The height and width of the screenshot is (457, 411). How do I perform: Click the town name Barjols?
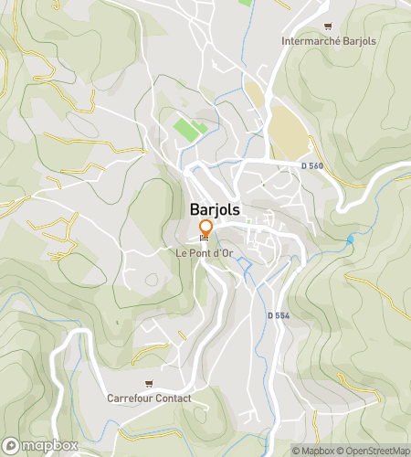216,209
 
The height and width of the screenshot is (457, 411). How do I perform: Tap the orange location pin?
205,228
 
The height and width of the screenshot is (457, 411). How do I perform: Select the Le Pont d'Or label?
204,252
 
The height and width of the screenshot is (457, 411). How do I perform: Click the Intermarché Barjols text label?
328,41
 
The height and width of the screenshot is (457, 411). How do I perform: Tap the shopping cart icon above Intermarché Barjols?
328,27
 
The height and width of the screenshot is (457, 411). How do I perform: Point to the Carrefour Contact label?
149,399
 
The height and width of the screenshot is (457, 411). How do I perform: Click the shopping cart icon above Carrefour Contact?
149,383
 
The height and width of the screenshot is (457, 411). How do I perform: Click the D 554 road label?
279,315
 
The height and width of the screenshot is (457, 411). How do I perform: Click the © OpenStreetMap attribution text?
374,451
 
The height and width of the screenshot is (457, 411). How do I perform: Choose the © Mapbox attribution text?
313,451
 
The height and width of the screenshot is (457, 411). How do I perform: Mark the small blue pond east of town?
350,239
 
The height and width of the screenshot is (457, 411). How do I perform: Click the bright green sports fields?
188,129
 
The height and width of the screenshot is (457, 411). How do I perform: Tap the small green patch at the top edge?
245,3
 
